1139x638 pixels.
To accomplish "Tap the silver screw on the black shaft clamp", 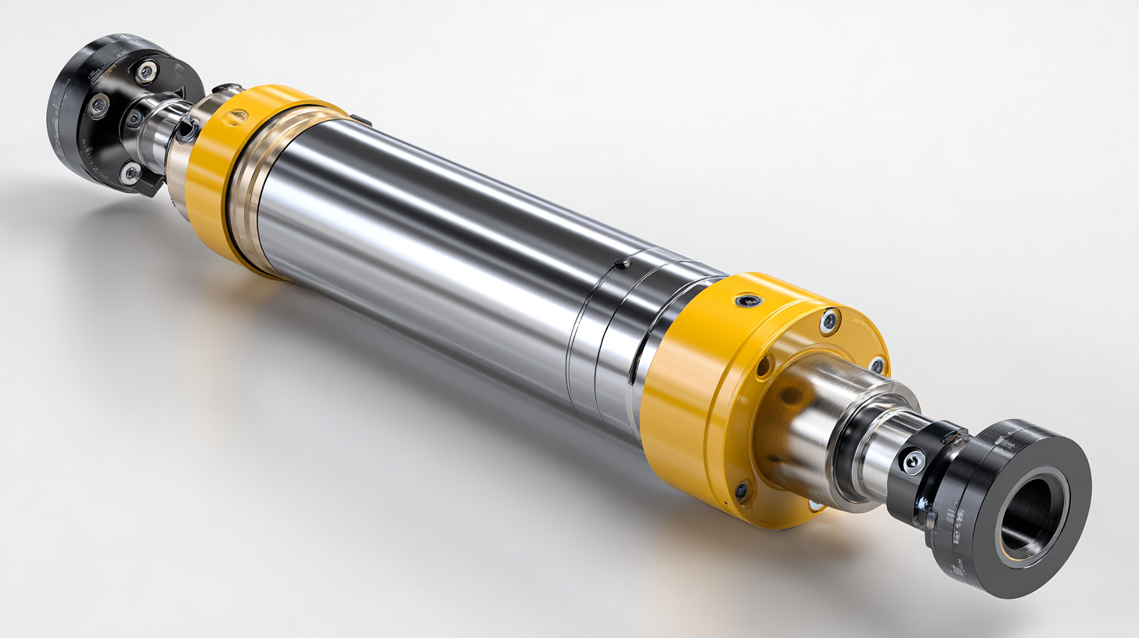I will pyautogui.click(x=912, y=461).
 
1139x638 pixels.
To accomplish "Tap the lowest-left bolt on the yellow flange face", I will pyautogui.click(x=742, y=490).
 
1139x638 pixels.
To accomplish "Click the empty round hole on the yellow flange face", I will pyautogui.click(x=764, y=366).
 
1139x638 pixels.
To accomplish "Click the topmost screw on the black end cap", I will pyautogui.click(x=146, y=73).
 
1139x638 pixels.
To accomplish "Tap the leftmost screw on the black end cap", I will pyautogui.click(x=98, y=106).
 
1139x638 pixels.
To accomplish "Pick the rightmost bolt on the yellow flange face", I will pyautogui.click(x=878, y=365).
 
